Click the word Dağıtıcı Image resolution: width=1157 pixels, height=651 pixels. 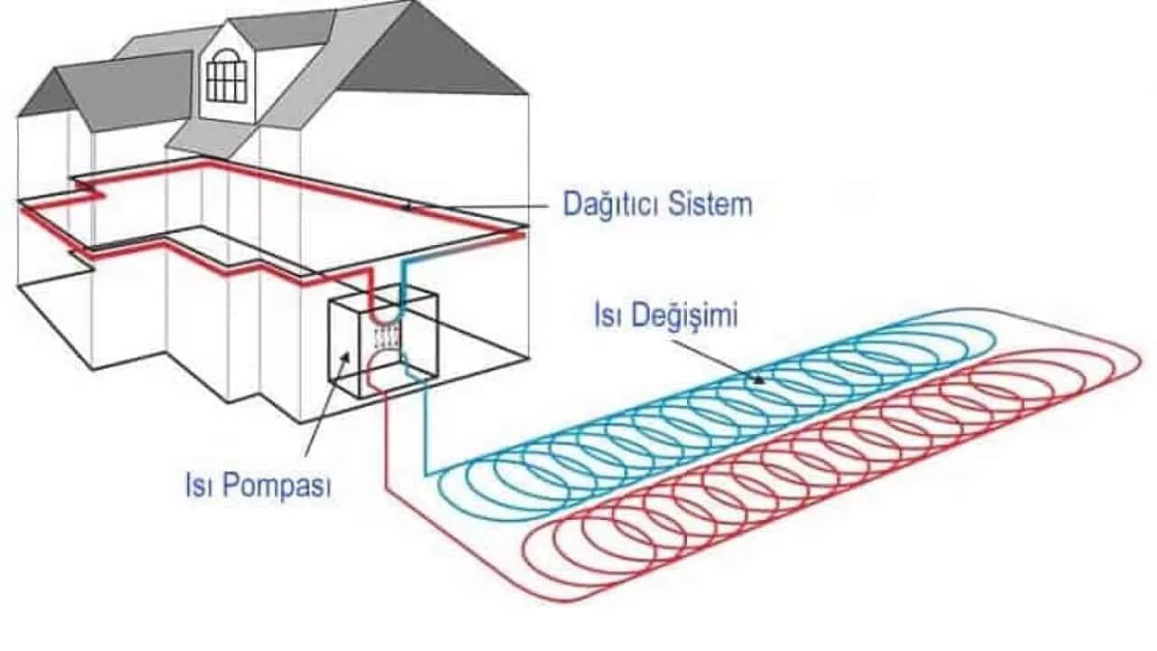click(x=611, y=203)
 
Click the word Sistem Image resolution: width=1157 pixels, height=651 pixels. click(x=710, y=203)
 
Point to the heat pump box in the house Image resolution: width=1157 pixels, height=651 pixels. click(x=381, y=344)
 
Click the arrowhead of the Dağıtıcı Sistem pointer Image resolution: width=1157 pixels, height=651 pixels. click(x=408, y=207)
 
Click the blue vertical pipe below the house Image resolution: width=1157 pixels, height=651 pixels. click(x=425, y=425)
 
